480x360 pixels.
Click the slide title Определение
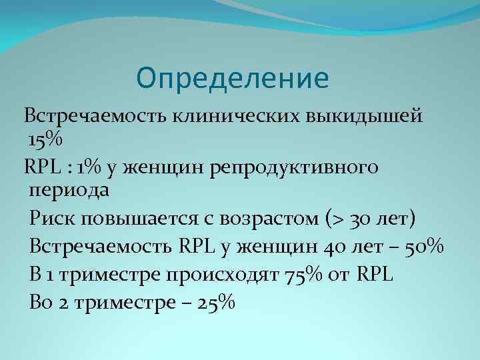coord(233,79)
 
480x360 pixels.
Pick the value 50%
coord(425,246)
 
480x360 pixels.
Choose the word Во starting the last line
coord(41,303)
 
